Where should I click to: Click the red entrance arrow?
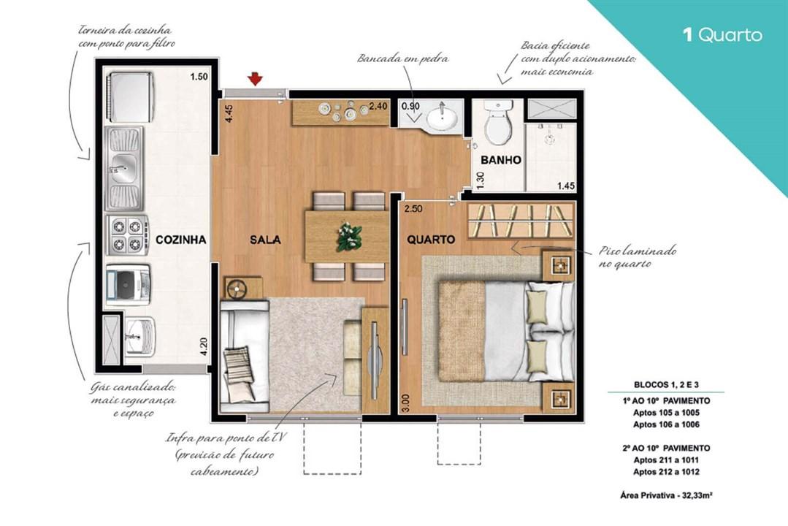[x=255, y=78]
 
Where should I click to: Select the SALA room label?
[x=265, y=240]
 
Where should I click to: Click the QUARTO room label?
[x=431, y=240]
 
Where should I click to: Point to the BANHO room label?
[x=502, y=160]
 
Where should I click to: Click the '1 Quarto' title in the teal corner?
[x=722, y=35]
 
